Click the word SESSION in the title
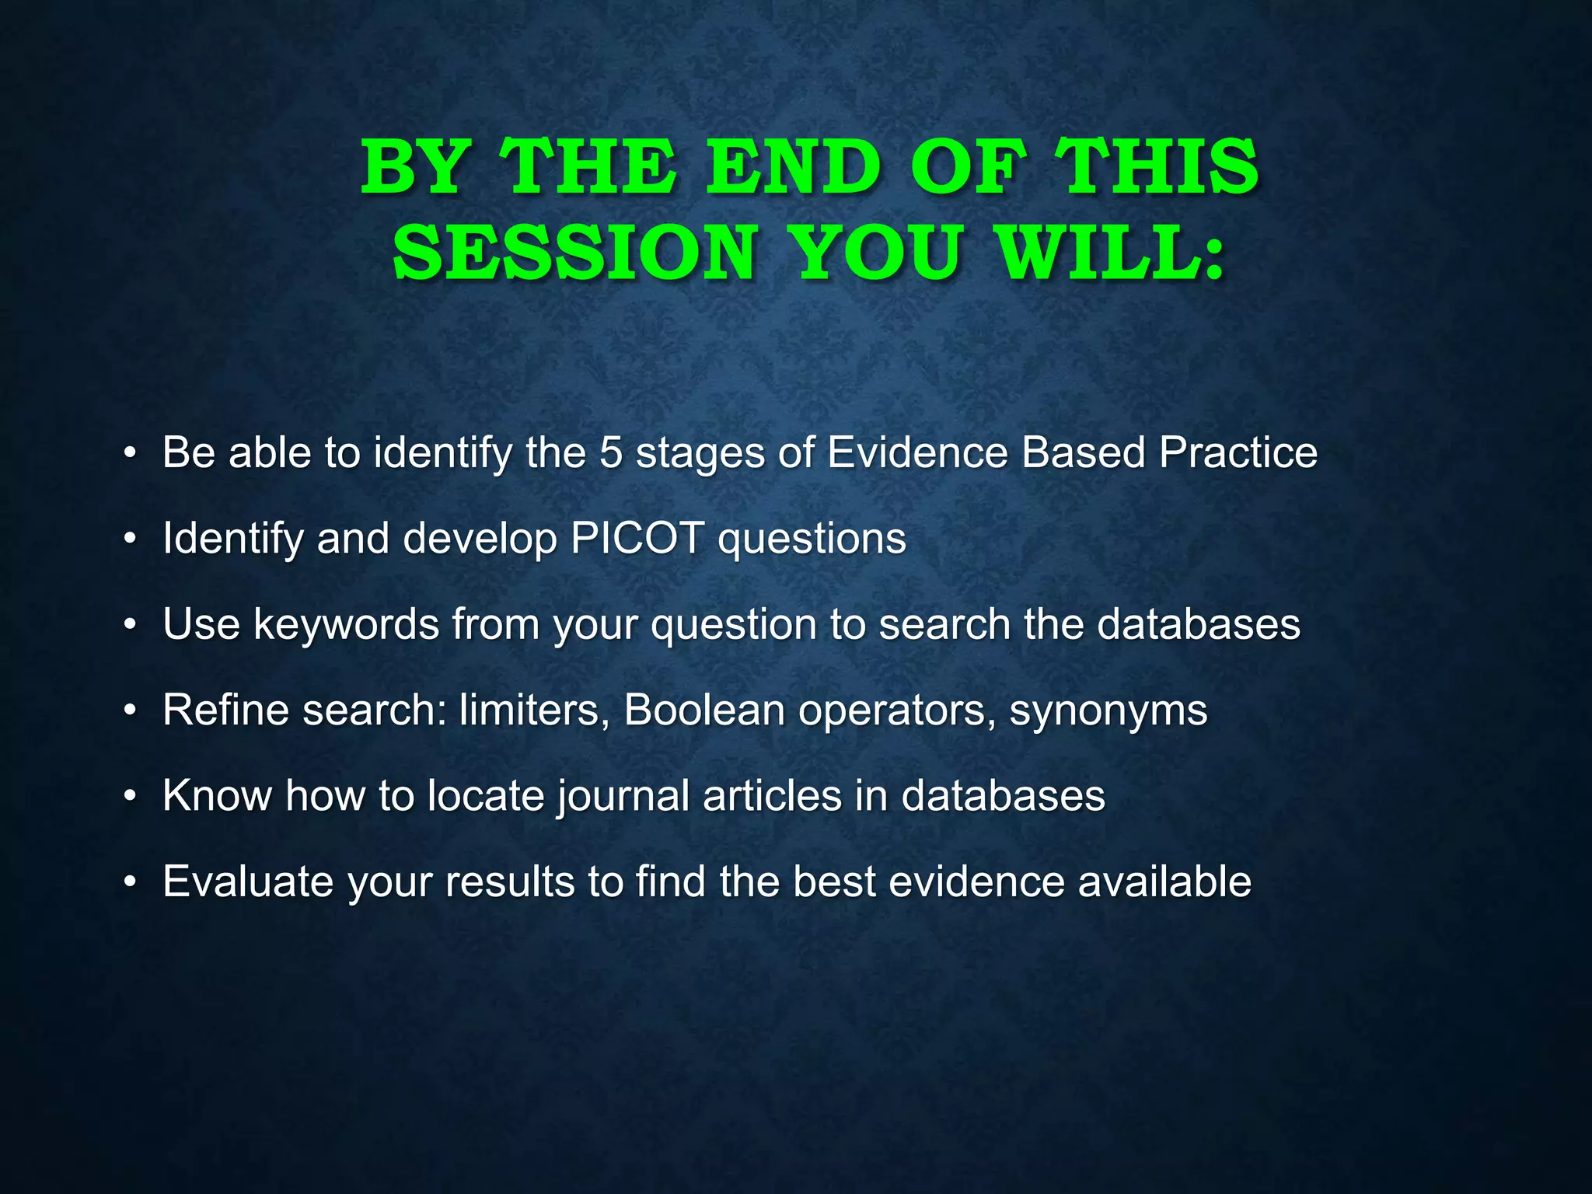tap(574, 253)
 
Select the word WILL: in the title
tap(1112, 253)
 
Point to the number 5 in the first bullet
tap(611, 452)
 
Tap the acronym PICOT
tap(637, 538)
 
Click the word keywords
tap(347, 624)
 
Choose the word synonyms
tap(1108, 710)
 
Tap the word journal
tap(623, 796)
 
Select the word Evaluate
tap(249, 882)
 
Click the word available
tap(1164, 882)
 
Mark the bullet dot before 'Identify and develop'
tap(131, 539)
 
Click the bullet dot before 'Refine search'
tap(131, 710)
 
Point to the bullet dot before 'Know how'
tap(131, 797)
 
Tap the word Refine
tap(226, 710)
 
